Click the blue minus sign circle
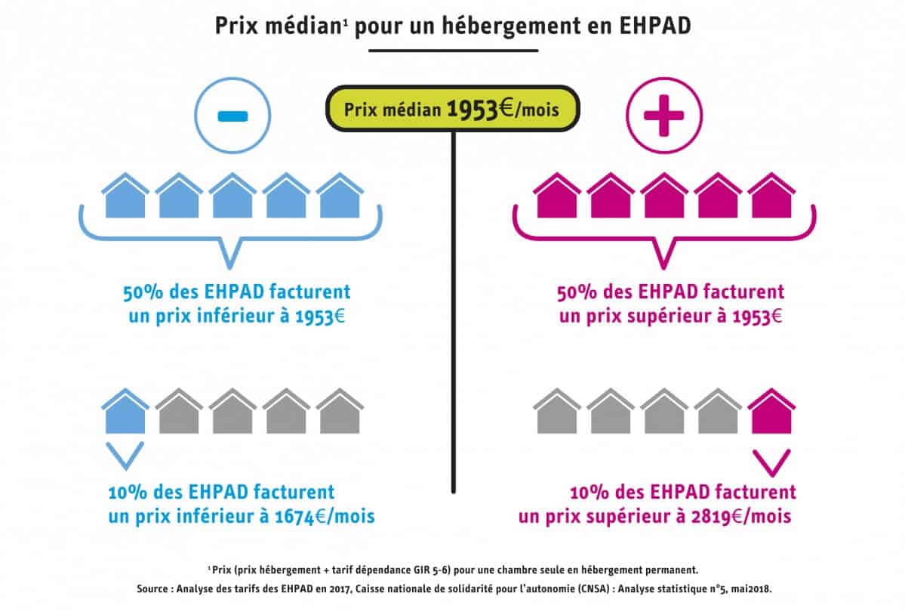coord(232,115)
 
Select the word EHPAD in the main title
coord(656,25)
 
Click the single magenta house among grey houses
coord(771,413)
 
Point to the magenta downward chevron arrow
coord(771,461)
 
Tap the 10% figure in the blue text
coord(127,493)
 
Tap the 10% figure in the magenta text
coord(589,493)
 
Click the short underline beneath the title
coord(453,51)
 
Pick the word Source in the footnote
coord(156,587)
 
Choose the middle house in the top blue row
coord(232,196)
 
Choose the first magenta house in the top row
coord(556,196)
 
